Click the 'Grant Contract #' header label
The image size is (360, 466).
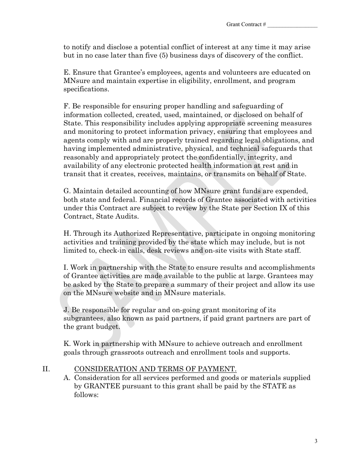[246, 25]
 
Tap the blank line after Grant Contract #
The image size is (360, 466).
[292, 25]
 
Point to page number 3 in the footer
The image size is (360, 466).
[316, 441]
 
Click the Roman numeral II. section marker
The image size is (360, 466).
[46, 369]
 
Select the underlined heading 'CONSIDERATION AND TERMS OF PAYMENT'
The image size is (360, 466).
[155, 369]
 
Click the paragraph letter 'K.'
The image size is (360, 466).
[67, 344]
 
